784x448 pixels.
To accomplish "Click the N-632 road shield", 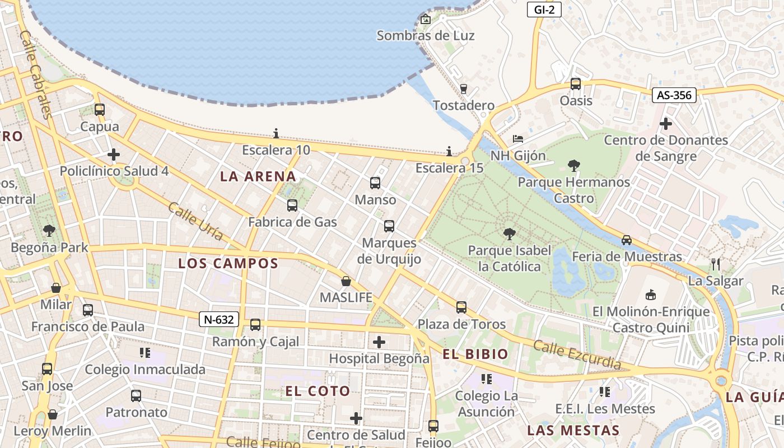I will pos(219,320).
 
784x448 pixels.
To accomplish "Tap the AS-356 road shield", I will pos(674,95).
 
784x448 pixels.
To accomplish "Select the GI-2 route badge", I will pos(544,9).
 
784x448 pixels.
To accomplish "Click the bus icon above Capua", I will pos(100,110).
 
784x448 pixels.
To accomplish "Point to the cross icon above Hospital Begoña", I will pos(379,342).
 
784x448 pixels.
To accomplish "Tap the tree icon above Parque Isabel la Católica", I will pos(509,234).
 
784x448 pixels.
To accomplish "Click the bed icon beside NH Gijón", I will pos(518,139).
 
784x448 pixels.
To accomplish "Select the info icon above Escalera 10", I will pos(276,133).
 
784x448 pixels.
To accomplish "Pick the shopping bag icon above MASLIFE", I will pos(346,281).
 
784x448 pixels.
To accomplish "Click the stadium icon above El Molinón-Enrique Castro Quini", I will pos(650,295).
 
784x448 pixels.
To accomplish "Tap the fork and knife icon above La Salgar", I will pos(715,264).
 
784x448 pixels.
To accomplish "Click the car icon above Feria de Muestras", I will pos(627,240).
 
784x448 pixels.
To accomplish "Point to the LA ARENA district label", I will pos(258,176).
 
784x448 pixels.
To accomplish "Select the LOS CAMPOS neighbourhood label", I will pos(228,263).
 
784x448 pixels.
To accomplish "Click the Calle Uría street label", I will pos(195,222).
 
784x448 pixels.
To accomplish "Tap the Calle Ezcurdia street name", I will pos(577,354).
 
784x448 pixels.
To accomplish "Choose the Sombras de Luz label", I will pos(425,36).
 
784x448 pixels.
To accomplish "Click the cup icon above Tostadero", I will pos(463,88).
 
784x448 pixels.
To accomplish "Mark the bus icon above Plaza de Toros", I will pos(461,307).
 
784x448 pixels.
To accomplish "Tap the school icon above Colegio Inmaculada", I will pos(145,353).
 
